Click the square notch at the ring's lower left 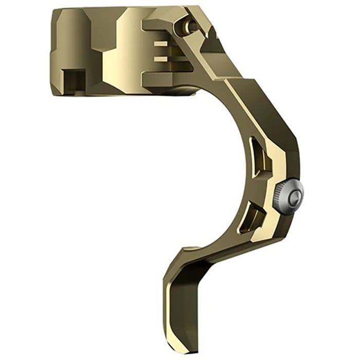pyautogui.click(x=73, y=80)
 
